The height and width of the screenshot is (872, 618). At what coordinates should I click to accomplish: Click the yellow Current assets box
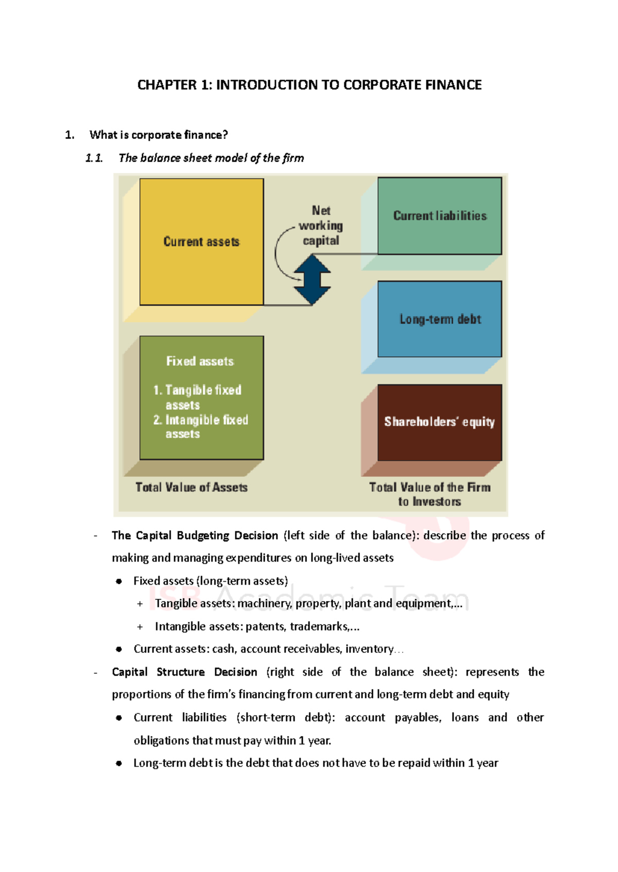pos(201,242)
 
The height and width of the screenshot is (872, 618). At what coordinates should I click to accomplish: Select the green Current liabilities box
pos(439,216)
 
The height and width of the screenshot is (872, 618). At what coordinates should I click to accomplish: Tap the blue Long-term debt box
pos(439,319)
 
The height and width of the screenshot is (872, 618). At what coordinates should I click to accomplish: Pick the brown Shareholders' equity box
pos(439,422)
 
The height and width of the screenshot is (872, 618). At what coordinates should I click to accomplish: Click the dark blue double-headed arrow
pos(312,280)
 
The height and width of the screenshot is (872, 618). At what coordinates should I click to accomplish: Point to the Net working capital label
pos(321,225)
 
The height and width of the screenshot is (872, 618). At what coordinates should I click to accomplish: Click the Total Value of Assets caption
pos(192,487)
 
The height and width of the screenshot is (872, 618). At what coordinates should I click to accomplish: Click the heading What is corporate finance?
pos(159,135)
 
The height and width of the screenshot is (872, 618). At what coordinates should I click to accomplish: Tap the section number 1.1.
pos(94,158)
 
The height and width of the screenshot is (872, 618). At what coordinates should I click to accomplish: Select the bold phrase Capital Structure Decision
pos(184,672)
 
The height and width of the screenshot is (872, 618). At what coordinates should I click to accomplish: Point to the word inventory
pos(369,649)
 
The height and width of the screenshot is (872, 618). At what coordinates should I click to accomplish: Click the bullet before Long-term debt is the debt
pos(119,763)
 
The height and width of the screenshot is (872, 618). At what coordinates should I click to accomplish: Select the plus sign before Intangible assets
pos(140,627)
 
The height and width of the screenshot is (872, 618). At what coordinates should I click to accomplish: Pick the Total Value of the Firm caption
pos(430,494)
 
